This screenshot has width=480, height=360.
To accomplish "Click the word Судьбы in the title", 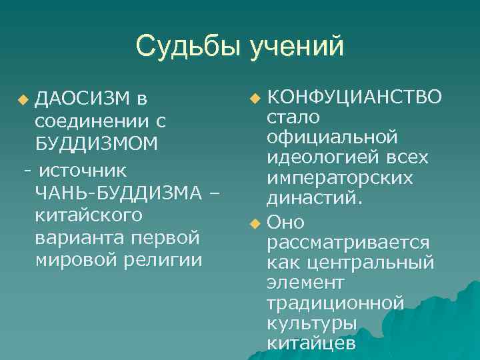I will coord(189,47).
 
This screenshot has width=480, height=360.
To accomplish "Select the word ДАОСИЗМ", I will coord(82,100).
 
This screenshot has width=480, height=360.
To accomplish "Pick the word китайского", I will coord(89,216).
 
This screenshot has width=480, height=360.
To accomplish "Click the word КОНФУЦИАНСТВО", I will coord(353,97).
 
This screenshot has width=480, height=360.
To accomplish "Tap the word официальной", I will coord(332,137).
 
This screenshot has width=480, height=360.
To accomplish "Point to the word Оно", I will coord(285,222).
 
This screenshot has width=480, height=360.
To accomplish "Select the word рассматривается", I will coord(348,242).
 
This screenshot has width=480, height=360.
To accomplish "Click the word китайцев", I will coord(311,343).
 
